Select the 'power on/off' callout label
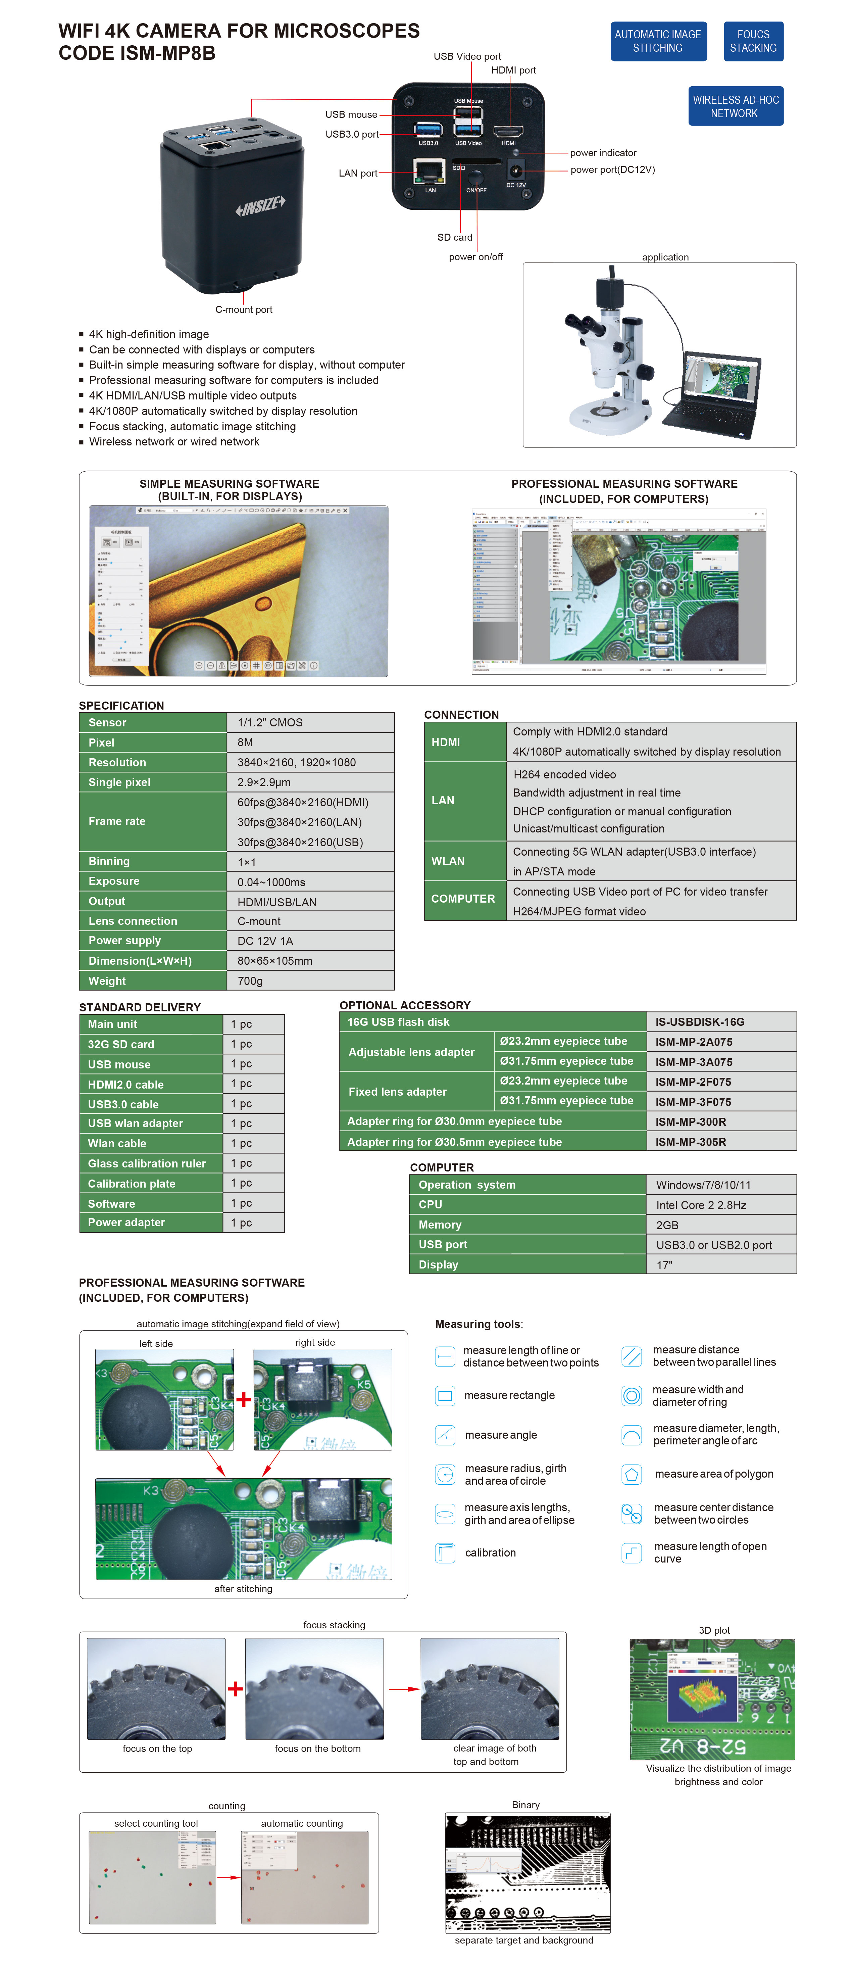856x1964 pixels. (x=475, y=257)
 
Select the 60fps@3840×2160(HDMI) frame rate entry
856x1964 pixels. (x=303, y=802)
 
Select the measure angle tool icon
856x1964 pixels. (x=445, y=1434)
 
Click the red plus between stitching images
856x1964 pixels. (x=243, y=1399)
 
